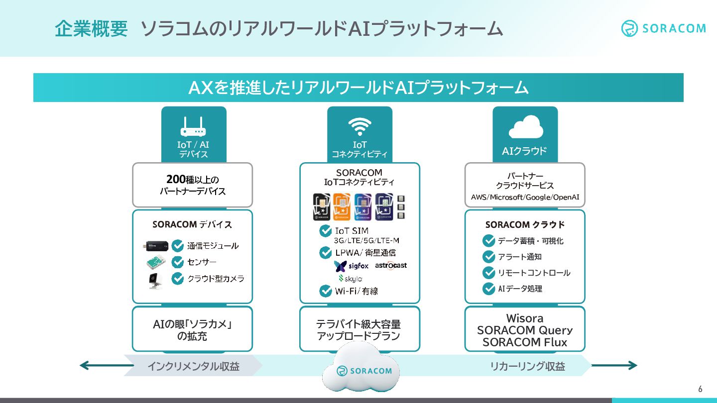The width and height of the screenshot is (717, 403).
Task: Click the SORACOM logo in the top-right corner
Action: tap(663, 28)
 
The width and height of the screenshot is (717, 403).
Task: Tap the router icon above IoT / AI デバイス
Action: tap(193, 127)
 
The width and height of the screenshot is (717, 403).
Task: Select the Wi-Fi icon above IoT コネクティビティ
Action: tap(359, 127)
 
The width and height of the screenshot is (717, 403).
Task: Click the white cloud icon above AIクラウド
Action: tap(525, 127)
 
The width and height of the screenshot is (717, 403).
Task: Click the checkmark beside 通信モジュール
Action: tap(178, 246)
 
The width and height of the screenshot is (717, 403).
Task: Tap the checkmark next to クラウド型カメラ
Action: tap(178, 279)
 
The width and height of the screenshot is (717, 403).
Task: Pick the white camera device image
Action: tap(155, 280)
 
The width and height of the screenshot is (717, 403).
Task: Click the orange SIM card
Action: tap(342, 206)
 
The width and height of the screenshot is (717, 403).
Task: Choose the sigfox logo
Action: tap(352, 266)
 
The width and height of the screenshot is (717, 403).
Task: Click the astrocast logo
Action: tap(391, 265)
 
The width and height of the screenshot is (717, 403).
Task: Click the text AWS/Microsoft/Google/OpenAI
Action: tap(525, 197)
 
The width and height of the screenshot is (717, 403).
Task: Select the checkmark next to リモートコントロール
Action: tap(488, 273)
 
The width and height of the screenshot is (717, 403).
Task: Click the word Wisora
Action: tap(525, 318)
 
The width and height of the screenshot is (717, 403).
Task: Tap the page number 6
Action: tap(700, 389)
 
